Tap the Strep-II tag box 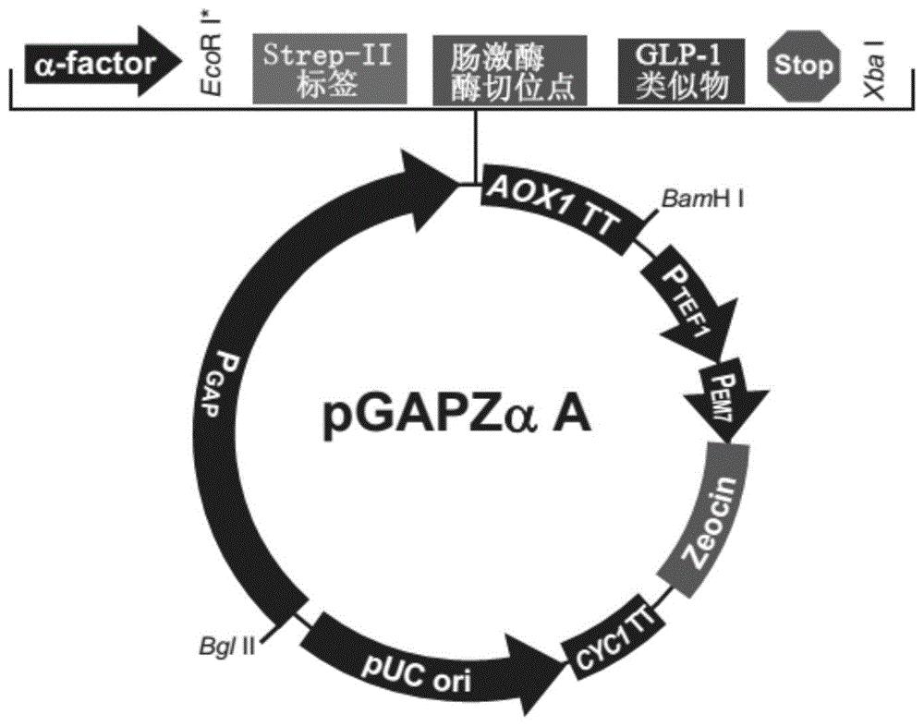(x=329, y=69)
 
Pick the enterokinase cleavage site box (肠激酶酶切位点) (x=510, y=70)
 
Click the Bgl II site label (x=226, y=648)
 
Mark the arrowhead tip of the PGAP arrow (x=460, y=185)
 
